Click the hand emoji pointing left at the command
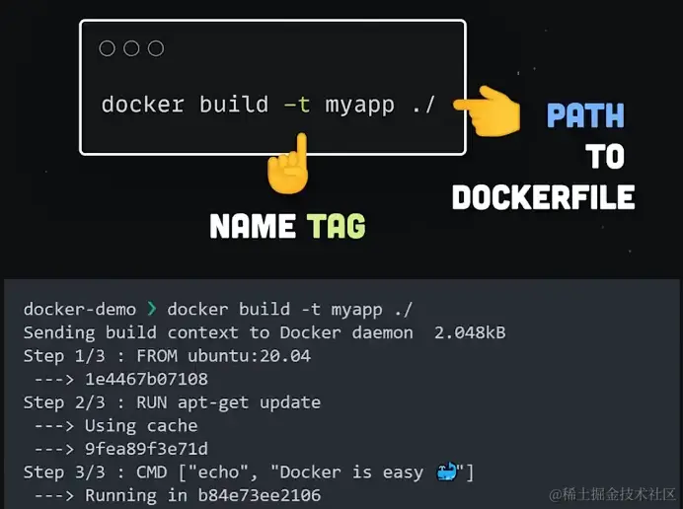(493, 111)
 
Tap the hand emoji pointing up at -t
(288, 166)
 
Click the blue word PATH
(585, 116)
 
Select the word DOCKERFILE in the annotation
(543, 197)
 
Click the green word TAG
(336, 227)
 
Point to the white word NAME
(253, 227)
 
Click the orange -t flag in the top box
(295, 104)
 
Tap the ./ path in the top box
(422, 104)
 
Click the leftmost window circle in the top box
(108, 48)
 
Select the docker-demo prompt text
(80, 309)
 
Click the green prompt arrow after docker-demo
(151, 310)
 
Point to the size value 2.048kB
(470, 332)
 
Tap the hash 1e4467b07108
(146, 379)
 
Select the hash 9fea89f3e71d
(146, 449)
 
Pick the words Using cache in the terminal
(141, 425)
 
